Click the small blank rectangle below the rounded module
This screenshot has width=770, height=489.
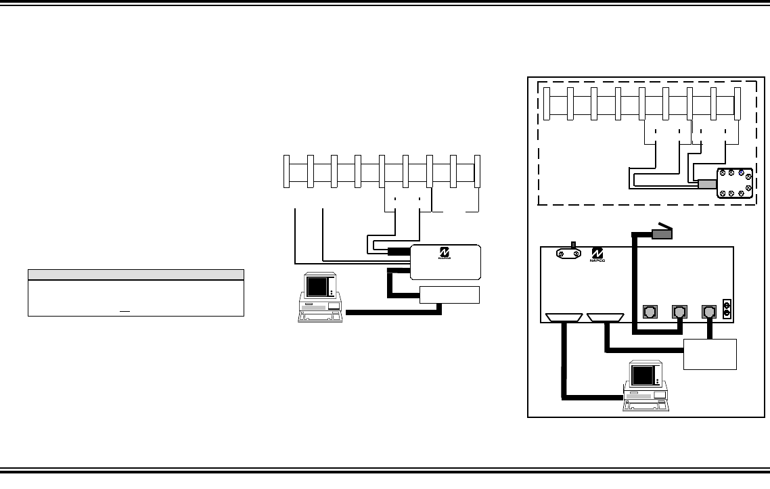pyautogui.click(x=449, y=295)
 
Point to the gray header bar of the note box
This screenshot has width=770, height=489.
pyautogui.click(x=135, y=274)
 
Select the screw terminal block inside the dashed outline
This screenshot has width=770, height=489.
pyautogui.click(x=734, y=182)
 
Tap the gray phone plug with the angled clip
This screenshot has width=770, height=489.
pyautogui.click(x=662, y=233)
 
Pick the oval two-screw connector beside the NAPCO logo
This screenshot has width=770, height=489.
pyautogui.click(x=570, y=253)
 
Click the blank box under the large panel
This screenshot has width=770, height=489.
pyautogui.click(x=710, y=354)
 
